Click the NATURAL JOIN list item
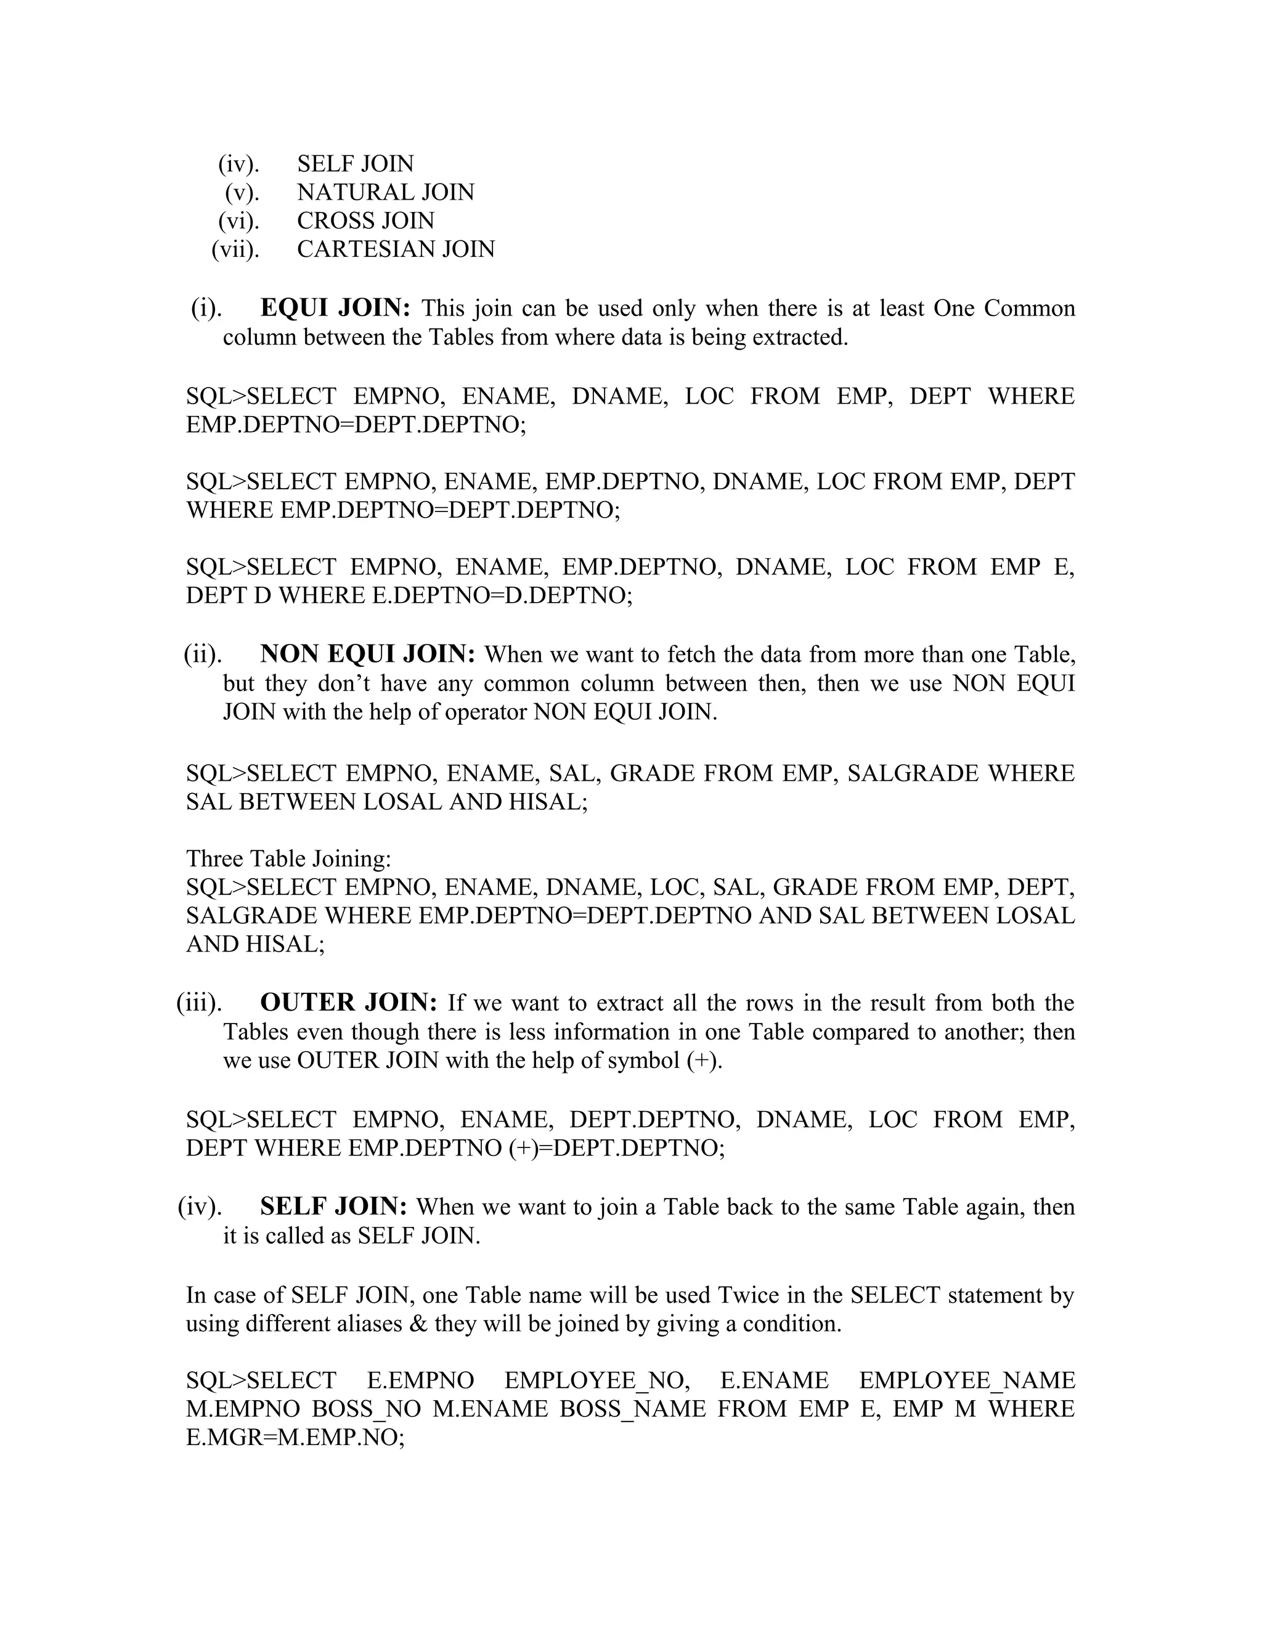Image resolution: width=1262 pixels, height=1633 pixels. tap(385, 192)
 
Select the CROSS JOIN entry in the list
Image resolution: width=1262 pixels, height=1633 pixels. tap(365, 221)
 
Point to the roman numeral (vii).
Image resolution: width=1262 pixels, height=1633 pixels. tap(235, 249)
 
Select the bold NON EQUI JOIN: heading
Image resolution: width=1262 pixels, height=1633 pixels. tap(367, 654)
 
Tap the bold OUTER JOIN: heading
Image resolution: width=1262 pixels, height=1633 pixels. tap(348, 1003)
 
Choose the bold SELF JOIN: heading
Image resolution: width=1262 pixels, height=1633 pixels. tap(333, 1206)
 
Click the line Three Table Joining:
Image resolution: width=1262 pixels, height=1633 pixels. tap(288, 858)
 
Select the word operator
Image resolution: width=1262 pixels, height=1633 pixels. tap(485, 712)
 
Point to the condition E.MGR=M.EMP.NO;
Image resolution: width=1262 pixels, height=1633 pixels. tap(295, 1438)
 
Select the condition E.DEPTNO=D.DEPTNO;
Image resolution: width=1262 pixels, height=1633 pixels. tap(502, 596)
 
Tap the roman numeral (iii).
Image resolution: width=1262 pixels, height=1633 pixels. tap(199, 1003)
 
